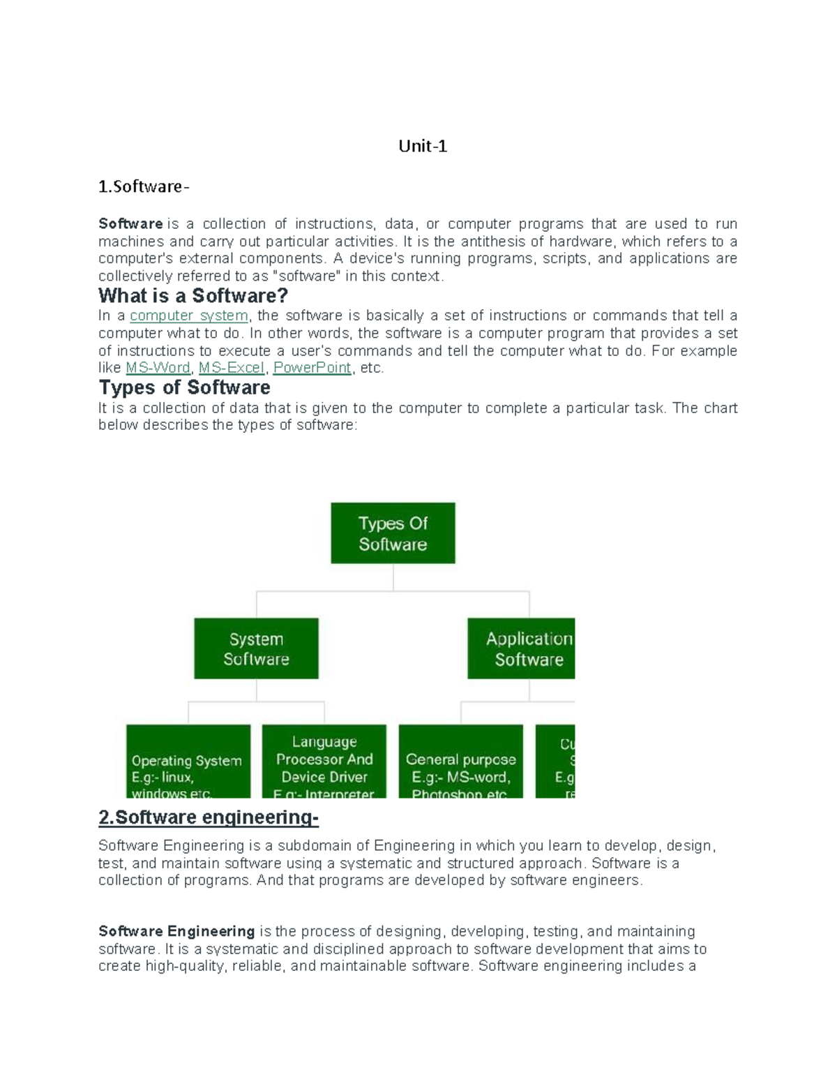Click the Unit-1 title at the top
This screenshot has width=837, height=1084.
pos(422,146)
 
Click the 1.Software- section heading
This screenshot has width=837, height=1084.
pos(143,186)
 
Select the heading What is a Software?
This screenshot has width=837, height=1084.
pos(193,295)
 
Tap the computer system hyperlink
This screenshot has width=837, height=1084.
pos(189,315)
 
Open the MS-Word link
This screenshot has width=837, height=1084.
pos(158,368)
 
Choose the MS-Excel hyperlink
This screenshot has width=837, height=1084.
pos(232,368)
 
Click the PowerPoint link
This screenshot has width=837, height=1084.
pos(312,368)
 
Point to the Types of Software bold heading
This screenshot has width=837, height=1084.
pos(184,387)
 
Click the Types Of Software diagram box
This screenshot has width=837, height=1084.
pos(393,533)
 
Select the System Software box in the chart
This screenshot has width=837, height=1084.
pos(256,648)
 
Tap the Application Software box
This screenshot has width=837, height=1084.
pos(521,648)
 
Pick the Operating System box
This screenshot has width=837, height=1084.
pos(188,762)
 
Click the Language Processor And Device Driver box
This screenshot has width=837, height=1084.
pos(324,762)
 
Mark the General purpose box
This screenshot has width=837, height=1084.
pos(460,762)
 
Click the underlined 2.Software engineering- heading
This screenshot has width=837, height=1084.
pos(208,817)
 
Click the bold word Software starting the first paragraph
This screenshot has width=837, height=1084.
pos(130,224)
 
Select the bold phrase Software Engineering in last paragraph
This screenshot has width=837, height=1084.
pos(176,931)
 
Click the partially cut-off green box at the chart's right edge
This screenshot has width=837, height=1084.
pos(555,762)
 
